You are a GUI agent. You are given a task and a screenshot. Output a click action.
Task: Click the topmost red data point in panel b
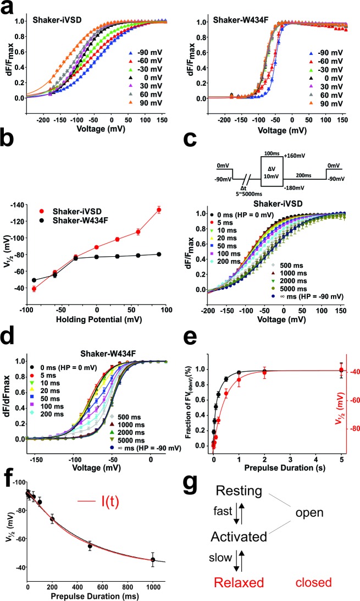159,209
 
